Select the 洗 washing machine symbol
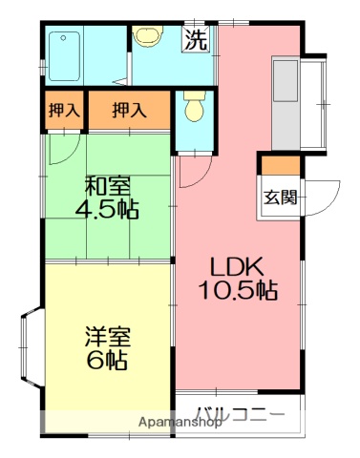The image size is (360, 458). click(x=195, y=40)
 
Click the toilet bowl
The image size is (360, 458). click(x=194, y=107)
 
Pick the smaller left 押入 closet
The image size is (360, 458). click(x=63, y=111)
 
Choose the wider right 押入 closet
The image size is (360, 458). click(x=129, y=111)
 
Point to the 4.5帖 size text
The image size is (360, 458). click(x=107, y=210)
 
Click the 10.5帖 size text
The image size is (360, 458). click(x=238, y=291)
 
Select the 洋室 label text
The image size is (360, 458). click(x=107, y=337)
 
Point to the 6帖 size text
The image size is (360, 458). click(x=107, y=361)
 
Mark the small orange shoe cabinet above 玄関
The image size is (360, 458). click(x=280, y=166)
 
